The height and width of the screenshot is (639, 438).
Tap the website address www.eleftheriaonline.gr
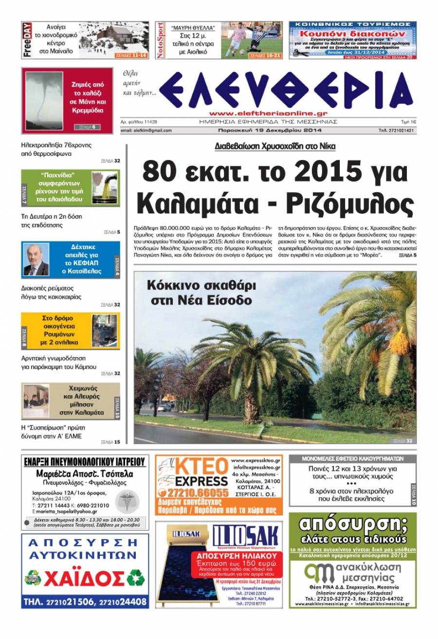(268, 112)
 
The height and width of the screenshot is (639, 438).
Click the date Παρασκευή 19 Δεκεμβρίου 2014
(269, 130)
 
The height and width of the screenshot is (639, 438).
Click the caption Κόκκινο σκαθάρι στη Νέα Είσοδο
(201, 292)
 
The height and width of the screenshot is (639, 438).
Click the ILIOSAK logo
(245, 537)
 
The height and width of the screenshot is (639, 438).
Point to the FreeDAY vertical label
(27, 40)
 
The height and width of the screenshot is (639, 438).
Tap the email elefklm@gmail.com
(146, 130)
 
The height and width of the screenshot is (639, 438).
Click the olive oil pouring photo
(105, 188)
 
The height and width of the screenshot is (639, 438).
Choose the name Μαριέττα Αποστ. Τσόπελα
(85, 474)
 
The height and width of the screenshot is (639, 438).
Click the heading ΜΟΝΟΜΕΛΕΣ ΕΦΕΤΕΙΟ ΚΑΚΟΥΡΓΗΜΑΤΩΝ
(352, 458)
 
